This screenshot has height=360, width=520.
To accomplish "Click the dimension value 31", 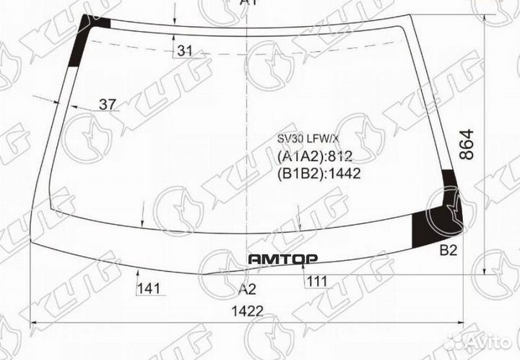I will [186, 51].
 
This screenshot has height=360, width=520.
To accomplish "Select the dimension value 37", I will [108, 105].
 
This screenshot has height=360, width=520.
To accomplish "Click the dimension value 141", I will [149, 289].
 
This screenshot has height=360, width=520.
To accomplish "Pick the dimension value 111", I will [316, 280].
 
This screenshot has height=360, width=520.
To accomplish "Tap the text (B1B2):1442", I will [318, 173].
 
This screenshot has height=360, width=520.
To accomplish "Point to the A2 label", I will [248, 289].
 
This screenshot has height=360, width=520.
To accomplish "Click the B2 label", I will [448, 252].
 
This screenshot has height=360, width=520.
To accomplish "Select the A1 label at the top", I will [248, 3].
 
